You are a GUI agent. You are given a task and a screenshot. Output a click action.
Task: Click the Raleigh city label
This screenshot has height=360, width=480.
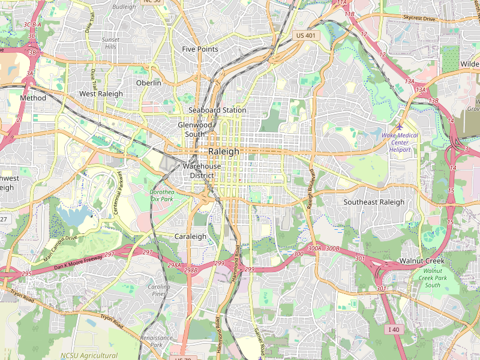[223, 152]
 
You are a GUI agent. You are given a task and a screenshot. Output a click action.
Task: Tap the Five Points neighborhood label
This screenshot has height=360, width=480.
[200, 49]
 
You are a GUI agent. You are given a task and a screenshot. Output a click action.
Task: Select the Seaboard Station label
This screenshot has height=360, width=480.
[217, 110]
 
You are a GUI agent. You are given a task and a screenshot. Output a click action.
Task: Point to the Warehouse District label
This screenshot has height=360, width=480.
[202, 171]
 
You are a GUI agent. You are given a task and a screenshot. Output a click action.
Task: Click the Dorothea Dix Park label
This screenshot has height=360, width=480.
[161, 195]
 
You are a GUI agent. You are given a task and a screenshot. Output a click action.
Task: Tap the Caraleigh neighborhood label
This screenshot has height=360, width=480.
[190, 236]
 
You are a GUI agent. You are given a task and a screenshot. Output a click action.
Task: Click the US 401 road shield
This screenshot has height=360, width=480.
[305, 36]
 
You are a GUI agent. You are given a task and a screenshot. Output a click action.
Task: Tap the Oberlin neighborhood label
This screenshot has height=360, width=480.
[148, 83]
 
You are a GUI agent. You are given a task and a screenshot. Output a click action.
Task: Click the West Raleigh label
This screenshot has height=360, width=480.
[101, 94]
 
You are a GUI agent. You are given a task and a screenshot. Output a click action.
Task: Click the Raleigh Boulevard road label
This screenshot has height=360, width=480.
[311, 189]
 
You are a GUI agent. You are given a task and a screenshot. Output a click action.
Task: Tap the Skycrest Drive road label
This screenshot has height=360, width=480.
[419, 19]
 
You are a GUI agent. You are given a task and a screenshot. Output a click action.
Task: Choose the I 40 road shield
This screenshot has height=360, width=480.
[394, 329]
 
